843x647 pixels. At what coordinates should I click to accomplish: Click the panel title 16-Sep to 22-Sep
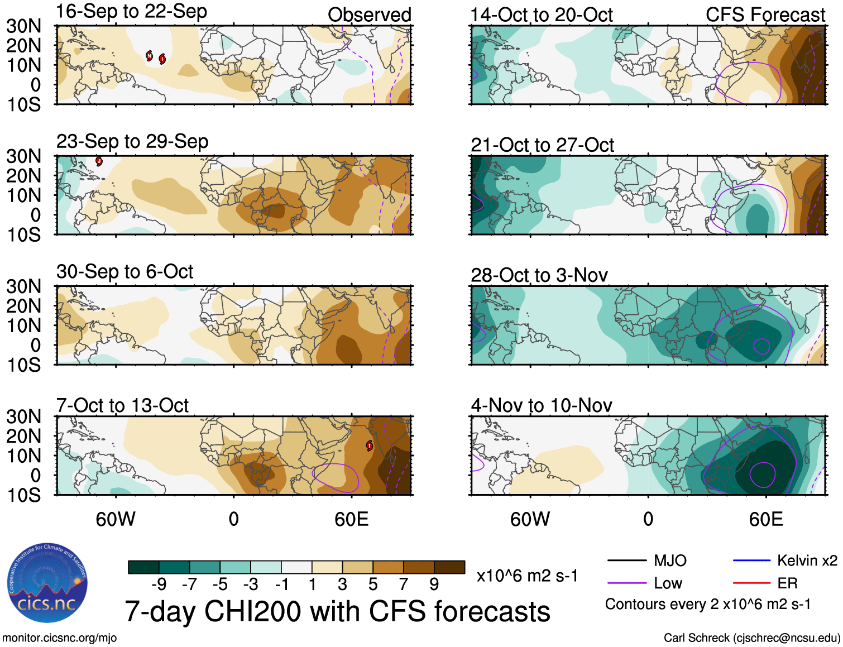[x=132, y=12]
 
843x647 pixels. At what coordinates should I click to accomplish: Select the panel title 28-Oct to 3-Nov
[x=539, y=275]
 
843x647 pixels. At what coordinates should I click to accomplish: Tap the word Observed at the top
[x=369, y=15]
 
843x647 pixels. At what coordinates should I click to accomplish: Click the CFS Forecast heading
[x=765, y=15]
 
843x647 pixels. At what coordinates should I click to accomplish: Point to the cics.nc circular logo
[x=47, y=583]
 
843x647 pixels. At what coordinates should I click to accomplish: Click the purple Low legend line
[x=626, y=583]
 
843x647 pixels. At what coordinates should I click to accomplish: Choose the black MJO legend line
[x=626, y=560]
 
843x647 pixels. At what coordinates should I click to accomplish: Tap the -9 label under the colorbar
[x=159, y=584]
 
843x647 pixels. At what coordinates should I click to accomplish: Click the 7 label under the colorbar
[x=404, y=584]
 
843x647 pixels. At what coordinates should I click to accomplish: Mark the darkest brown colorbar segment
[x=449, y=567]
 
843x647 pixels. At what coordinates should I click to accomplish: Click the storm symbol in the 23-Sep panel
[x=99, y=161]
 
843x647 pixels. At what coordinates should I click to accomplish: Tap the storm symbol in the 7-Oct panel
[x=369, y=445]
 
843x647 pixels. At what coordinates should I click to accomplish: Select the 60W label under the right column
[x=530, y=519]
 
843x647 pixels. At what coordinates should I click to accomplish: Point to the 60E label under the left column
[x=351, y=519]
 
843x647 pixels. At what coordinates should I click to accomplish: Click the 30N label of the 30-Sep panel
[x=23, y=286]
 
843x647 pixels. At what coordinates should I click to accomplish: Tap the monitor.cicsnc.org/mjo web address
[x=60, y=638]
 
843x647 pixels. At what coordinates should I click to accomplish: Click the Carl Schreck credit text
[x=751, y=638]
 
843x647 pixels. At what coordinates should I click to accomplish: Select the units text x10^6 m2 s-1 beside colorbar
[x=527, y=576]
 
